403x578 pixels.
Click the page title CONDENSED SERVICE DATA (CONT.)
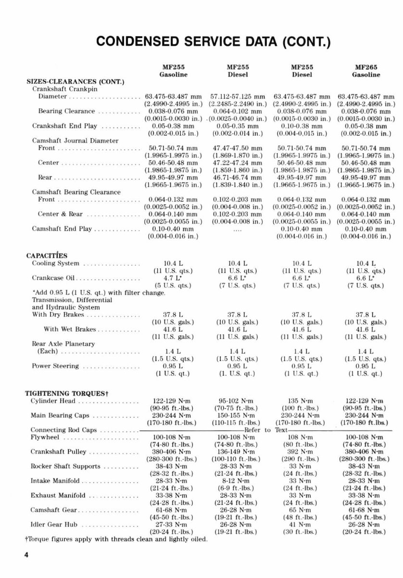214,41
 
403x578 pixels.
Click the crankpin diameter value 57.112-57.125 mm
238,96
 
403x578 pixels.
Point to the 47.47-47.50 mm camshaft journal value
238,148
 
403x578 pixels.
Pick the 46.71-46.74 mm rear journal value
238,178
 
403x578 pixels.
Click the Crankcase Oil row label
54,278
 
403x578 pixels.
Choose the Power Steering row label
55,366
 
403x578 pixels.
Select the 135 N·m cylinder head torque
302,401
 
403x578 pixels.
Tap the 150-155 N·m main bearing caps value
238,415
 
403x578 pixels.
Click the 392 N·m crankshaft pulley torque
302,452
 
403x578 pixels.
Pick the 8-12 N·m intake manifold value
238,481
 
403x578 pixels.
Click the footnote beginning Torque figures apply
116,539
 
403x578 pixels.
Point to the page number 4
27,555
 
